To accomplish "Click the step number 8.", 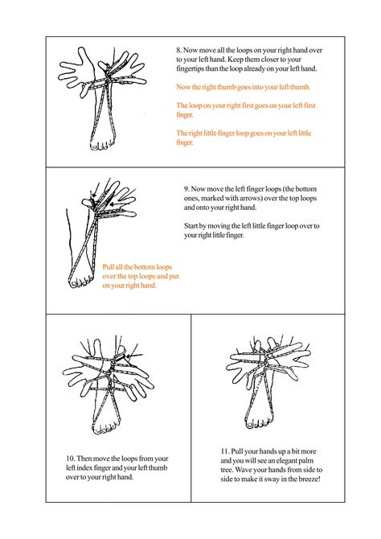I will (x=178, y=50).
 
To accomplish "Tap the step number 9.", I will (x=186, y=190).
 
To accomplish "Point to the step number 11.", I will (x=223, y=450).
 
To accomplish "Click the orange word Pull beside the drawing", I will (x=110, y=266).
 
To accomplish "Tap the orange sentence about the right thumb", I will (x=244, y=85).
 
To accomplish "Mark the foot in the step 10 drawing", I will (x=104, y=418).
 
